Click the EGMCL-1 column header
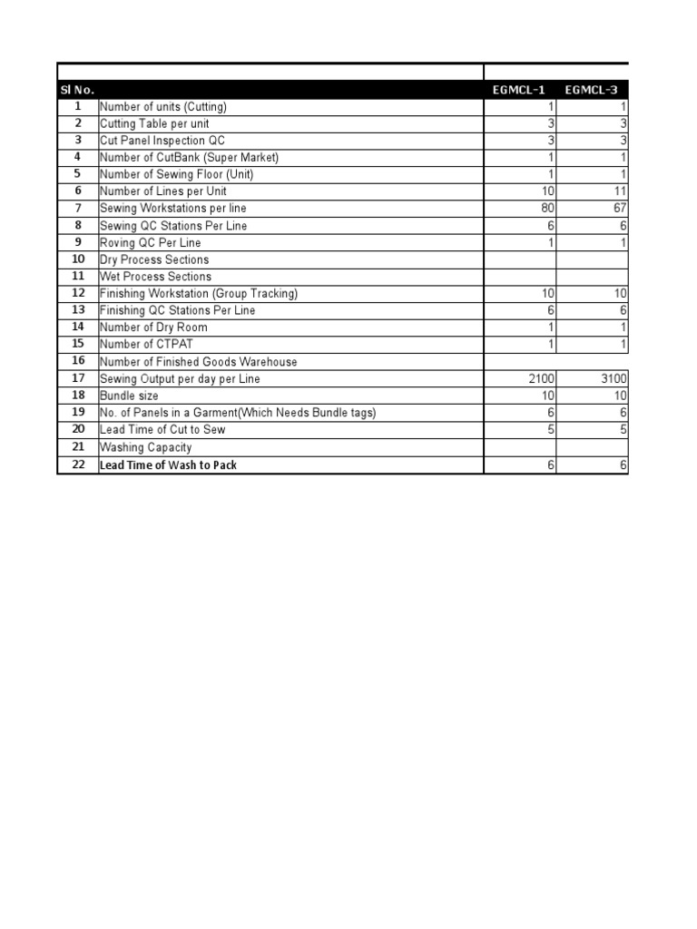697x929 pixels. coord(519,90)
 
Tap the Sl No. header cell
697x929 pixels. coord(77,90)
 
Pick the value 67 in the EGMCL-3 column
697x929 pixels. coord(620,209)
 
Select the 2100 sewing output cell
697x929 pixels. coord(540,378)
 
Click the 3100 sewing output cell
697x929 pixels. coord(614,378)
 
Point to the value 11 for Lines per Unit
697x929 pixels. coord(620,191)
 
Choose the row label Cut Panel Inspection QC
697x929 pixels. coord(162,141)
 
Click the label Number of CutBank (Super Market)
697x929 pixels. coord(189,158)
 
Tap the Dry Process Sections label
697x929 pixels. coord(154,259)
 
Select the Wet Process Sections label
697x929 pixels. coord(155,277)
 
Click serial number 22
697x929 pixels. coord(78,464)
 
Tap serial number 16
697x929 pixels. coord(78,361)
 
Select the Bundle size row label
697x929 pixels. coord(129,396)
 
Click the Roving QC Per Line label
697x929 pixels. coord(151,243)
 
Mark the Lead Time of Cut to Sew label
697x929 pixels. coord(162,430)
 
